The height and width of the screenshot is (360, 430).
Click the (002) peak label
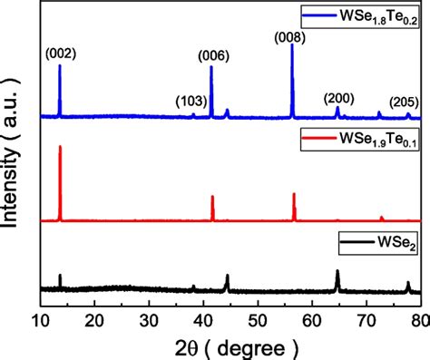(60, 54)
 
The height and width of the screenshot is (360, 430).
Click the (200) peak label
(340, 96)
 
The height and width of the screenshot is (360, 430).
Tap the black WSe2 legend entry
(375, 243)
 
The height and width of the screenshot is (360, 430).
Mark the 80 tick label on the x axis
(419, 320)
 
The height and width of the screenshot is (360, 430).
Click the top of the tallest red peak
(60, 146)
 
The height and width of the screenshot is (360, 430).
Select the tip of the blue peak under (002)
(60, 65)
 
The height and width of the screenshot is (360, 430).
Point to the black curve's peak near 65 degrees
(337, 270)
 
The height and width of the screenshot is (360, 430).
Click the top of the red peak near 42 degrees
(212, 196)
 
